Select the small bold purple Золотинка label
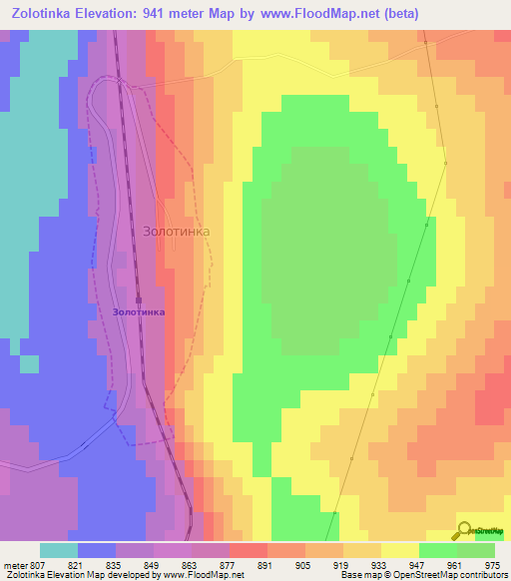click(x=139, y=311)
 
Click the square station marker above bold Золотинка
click(x=139, y=298)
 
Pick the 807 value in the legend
click(x=40, y=564)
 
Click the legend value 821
click(x=77, y=564)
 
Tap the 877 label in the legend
click(x=229, y=564)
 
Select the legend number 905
click(x=304, y=564)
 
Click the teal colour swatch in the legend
click(x=59, y=550)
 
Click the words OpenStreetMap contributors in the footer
click(x=450, y=575)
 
